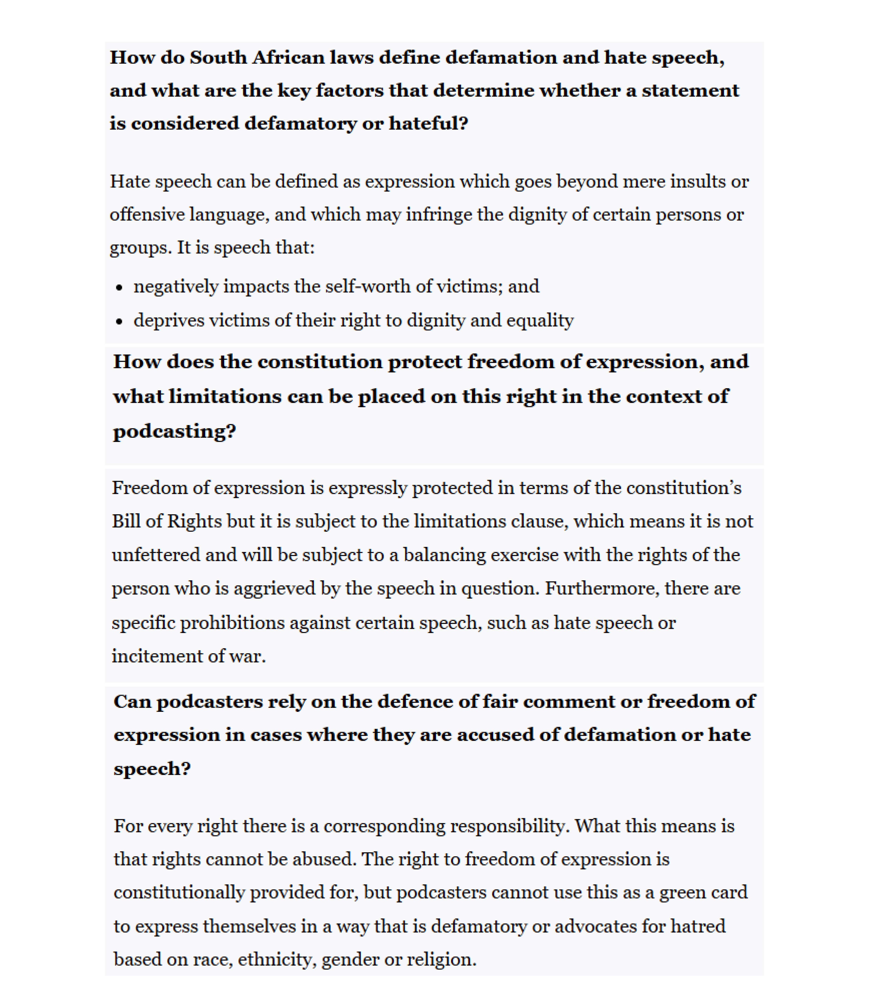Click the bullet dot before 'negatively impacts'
click(x=119, y=288)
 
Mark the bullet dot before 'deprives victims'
click(x=119, y=322)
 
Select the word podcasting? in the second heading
click(x=175, y=431)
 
